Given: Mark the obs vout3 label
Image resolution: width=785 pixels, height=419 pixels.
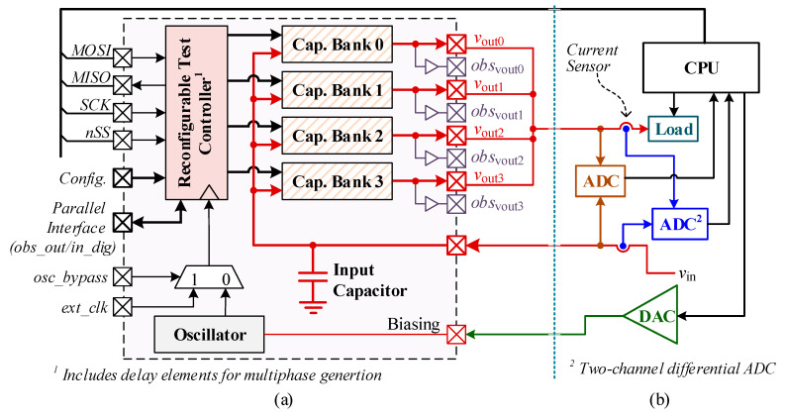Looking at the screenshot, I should click(494, 205).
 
